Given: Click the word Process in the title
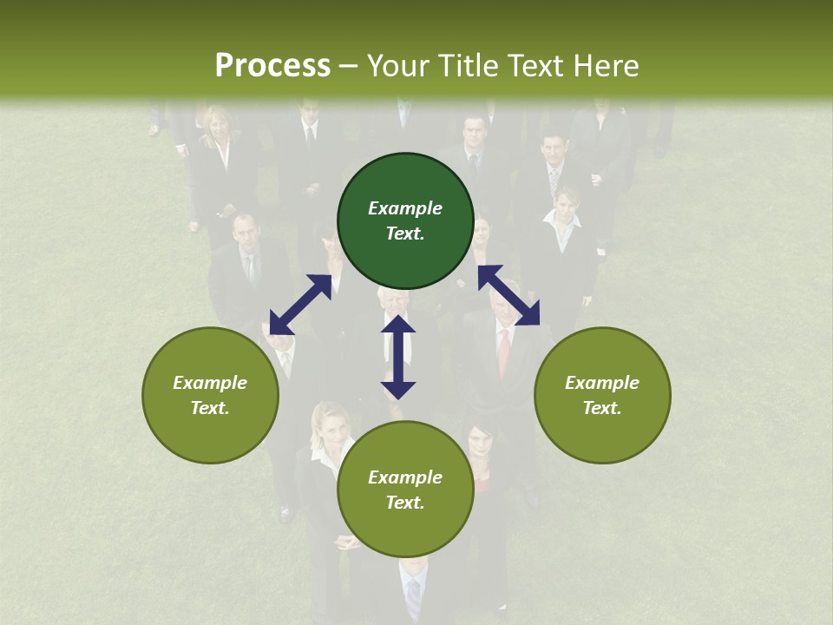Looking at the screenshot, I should coord(272,66).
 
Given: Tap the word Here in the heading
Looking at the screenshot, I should coord(605,66).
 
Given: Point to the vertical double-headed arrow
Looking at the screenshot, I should coord(398,357).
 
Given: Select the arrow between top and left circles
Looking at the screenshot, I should coord(300,305).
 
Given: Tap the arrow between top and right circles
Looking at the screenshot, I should coord(508,295).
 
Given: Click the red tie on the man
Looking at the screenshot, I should coord(503,352).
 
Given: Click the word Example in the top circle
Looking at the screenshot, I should coord(405,208).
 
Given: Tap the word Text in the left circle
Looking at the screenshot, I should coord(210,408).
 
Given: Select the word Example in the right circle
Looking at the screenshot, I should coord(602,383).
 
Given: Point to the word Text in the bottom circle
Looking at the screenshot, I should coord(405,503).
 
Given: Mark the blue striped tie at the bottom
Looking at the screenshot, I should coord(414,595).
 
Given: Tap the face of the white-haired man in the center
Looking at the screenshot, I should coord(392,303).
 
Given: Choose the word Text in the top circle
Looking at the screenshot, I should coord(405,234).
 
